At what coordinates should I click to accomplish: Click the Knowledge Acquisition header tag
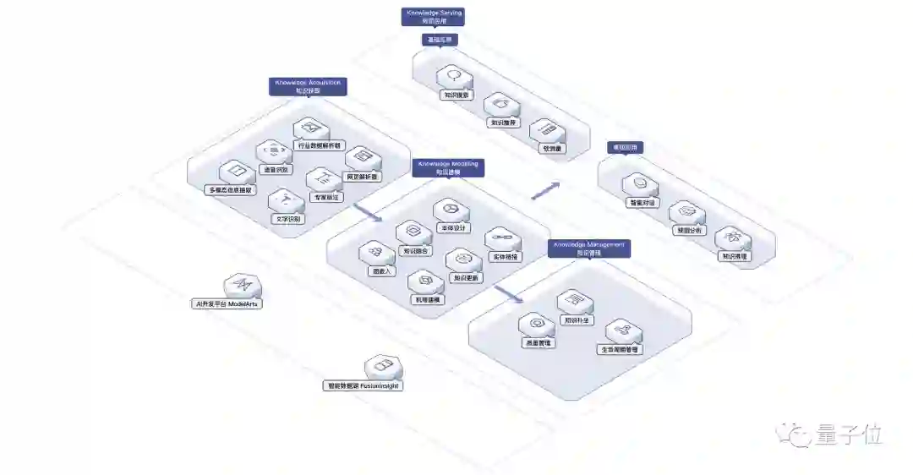click(308, 86)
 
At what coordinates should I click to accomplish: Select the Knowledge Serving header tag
click(433, 17)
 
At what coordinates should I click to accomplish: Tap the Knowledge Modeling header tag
click(448, 167)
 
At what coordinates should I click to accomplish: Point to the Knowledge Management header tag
click(590, 248)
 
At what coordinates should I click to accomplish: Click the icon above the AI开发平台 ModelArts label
click(242, 285)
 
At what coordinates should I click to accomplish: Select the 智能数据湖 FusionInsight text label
click(364, 385)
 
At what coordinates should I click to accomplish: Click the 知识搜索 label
click(456, 96)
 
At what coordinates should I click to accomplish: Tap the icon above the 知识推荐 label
click(501, 105)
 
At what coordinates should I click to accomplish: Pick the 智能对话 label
click(641, 203)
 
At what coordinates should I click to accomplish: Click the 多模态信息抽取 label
click(230, 189)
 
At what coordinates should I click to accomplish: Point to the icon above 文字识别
click(286, 200)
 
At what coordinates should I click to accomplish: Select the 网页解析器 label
click(363, 177)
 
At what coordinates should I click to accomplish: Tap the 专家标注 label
click(320, 197)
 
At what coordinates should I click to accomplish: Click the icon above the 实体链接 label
click(505, 238)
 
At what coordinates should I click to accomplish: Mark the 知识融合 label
click(416, 250)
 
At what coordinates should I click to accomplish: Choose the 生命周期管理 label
click(620, 349)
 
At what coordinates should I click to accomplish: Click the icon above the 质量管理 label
click(536, 324)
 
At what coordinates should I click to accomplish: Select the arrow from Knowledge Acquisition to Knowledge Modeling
click(365, 211)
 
